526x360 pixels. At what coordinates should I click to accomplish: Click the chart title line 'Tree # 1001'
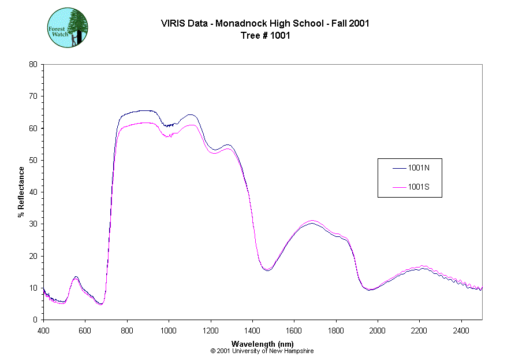pyautogui.click(x=265, y=35)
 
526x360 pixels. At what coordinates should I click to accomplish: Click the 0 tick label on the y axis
pyautogui.click(x=35, y=320)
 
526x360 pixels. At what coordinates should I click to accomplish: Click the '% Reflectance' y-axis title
pyautogui.click(x=21, y=192)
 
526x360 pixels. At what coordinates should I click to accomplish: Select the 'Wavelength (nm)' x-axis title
pyautogui.click(x=263, y=344)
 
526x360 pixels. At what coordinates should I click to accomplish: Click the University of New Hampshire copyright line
pyautogui.click(x=262, y=351)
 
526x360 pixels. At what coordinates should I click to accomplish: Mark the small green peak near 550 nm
pyautogui.click(x=76, y=277)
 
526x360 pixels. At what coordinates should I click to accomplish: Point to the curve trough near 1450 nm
pyautogui.click(x=267, y=270)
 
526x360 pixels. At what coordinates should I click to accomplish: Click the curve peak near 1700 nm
pyautogui.click(x=312, y=222)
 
